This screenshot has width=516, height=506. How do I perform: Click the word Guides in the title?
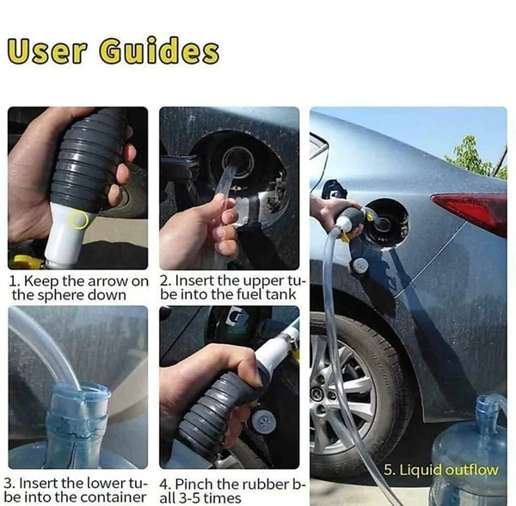pyautogui.click(x=159, y=52)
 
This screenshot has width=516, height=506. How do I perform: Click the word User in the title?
pyautogui.click(x=46, y=52)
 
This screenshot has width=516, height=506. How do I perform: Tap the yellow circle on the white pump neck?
pyautogui.click(x=78, y=219)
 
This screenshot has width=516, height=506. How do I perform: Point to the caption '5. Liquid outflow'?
pyautogui.click(x=440, y=470)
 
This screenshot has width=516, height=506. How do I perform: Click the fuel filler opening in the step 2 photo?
pyautogui.click(x=237, y=161)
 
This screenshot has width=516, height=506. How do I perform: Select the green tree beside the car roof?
pyautogui.click(x=477, y=157)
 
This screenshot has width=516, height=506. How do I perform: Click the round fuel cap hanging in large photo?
pyautogui.click(x=361, y=264)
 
